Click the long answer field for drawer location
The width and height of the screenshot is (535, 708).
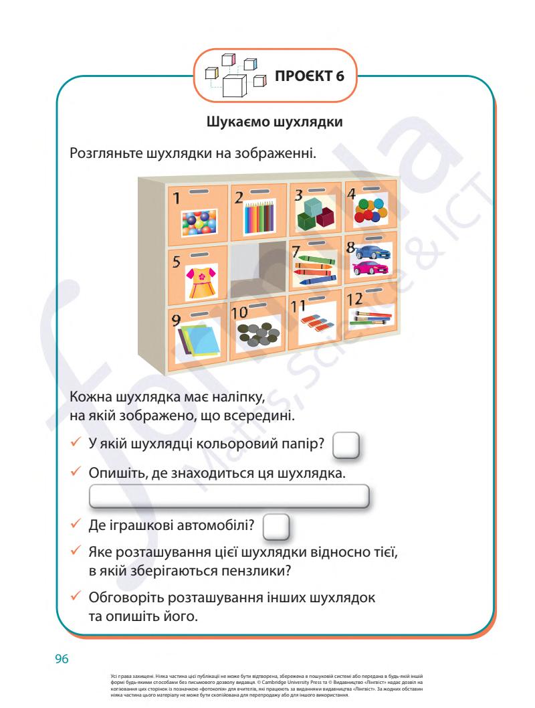click(229, 498)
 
